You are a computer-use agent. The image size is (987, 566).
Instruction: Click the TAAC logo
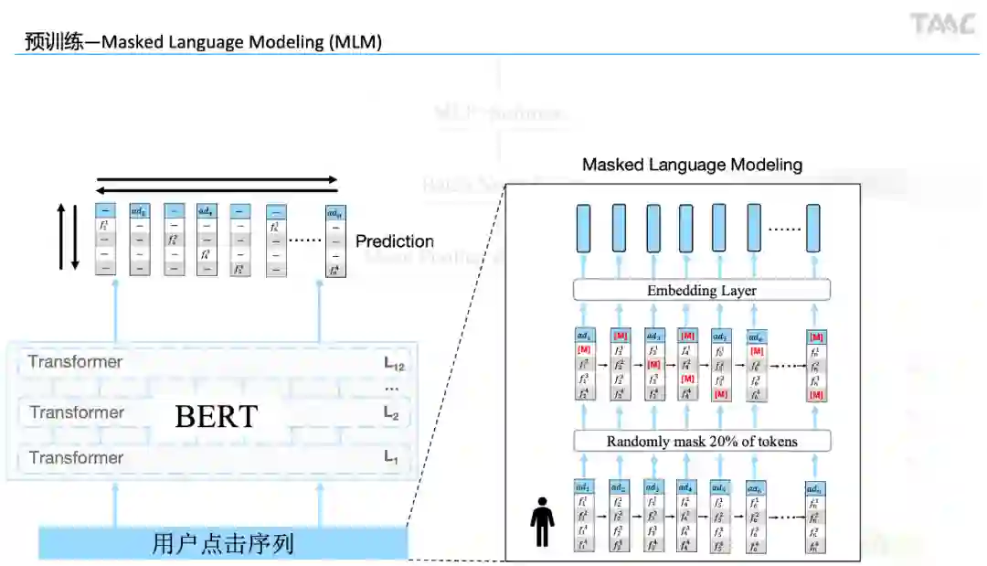pos(943,25)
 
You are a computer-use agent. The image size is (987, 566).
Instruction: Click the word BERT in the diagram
pos(217,416)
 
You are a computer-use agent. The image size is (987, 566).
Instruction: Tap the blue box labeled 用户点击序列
pos(222,544)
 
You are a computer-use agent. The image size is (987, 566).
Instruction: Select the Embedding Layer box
pos(702,291)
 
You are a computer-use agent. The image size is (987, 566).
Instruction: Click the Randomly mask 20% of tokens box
pos(702,442)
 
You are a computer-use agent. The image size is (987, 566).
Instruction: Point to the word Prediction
pos(395,241)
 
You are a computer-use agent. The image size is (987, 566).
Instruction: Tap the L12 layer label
pos(394,363)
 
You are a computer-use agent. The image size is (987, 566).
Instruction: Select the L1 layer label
pos(391,457)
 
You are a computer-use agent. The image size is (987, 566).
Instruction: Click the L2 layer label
pos(391,413)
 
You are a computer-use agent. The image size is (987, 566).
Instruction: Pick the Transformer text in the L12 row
pos(75,362)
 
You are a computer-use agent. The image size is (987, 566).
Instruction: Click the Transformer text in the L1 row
pos(76,457)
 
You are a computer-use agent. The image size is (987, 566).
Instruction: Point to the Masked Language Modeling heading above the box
pos(692,166)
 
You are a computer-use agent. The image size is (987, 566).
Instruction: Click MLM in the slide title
pos(353,42)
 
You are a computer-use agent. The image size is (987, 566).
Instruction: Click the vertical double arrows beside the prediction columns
pos(69,236)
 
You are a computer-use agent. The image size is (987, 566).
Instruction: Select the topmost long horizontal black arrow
pos(218,180)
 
